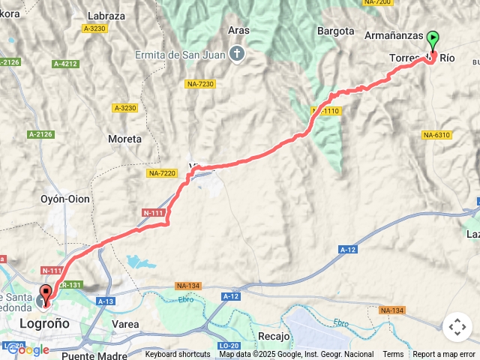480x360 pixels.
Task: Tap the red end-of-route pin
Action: (45, 294)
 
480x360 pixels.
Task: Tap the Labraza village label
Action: (106, 15)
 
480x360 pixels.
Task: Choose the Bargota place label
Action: (335, 31)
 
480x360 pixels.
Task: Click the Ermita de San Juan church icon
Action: (237, 52)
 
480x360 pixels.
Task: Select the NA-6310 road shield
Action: (436, 135)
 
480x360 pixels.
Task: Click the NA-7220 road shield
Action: (162, 173)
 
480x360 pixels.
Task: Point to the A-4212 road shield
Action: (65, 64)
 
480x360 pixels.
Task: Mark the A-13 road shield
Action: (106, 301)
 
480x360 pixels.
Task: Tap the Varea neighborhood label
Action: (125, 324)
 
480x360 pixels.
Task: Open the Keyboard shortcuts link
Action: (178, 354)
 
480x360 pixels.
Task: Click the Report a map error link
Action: (444, 354)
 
